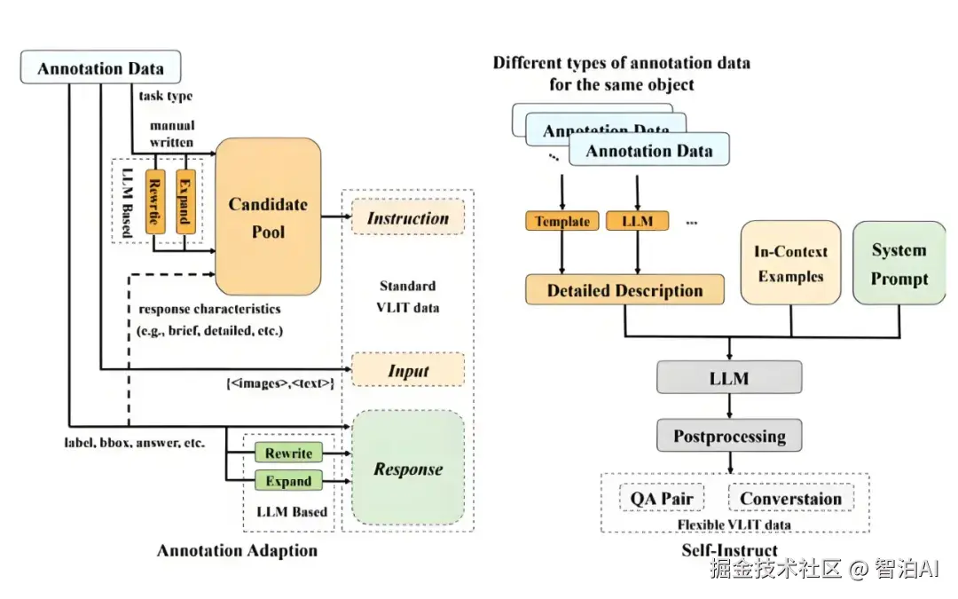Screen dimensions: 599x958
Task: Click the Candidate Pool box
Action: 268,217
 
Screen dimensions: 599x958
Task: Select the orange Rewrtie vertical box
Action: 154,201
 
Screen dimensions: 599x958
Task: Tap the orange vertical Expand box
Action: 185,201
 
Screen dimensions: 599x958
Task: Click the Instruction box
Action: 408,218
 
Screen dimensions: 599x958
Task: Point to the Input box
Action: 408,370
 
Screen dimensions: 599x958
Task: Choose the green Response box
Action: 408,468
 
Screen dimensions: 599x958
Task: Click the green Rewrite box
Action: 288,453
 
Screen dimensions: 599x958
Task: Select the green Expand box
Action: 288,481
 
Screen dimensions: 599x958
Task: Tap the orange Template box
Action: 562,222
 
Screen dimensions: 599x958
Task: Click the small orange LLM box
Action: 637,222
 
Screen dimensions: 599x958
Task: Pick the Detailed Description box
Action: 624,290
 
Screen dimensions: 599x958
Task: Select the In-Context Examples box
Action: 790,264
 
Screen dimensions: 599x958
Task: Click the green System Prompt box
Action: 899,264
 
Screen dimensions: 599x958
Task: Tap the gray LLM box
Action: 729,378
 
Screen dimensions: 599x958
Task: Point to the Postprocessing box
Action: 729,436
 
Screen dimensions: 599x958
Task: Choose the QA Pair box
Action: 662,498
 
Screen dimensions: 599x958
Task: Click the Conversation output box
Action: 790,498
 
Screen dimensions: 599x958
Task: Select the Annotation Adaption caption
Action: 237,551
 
